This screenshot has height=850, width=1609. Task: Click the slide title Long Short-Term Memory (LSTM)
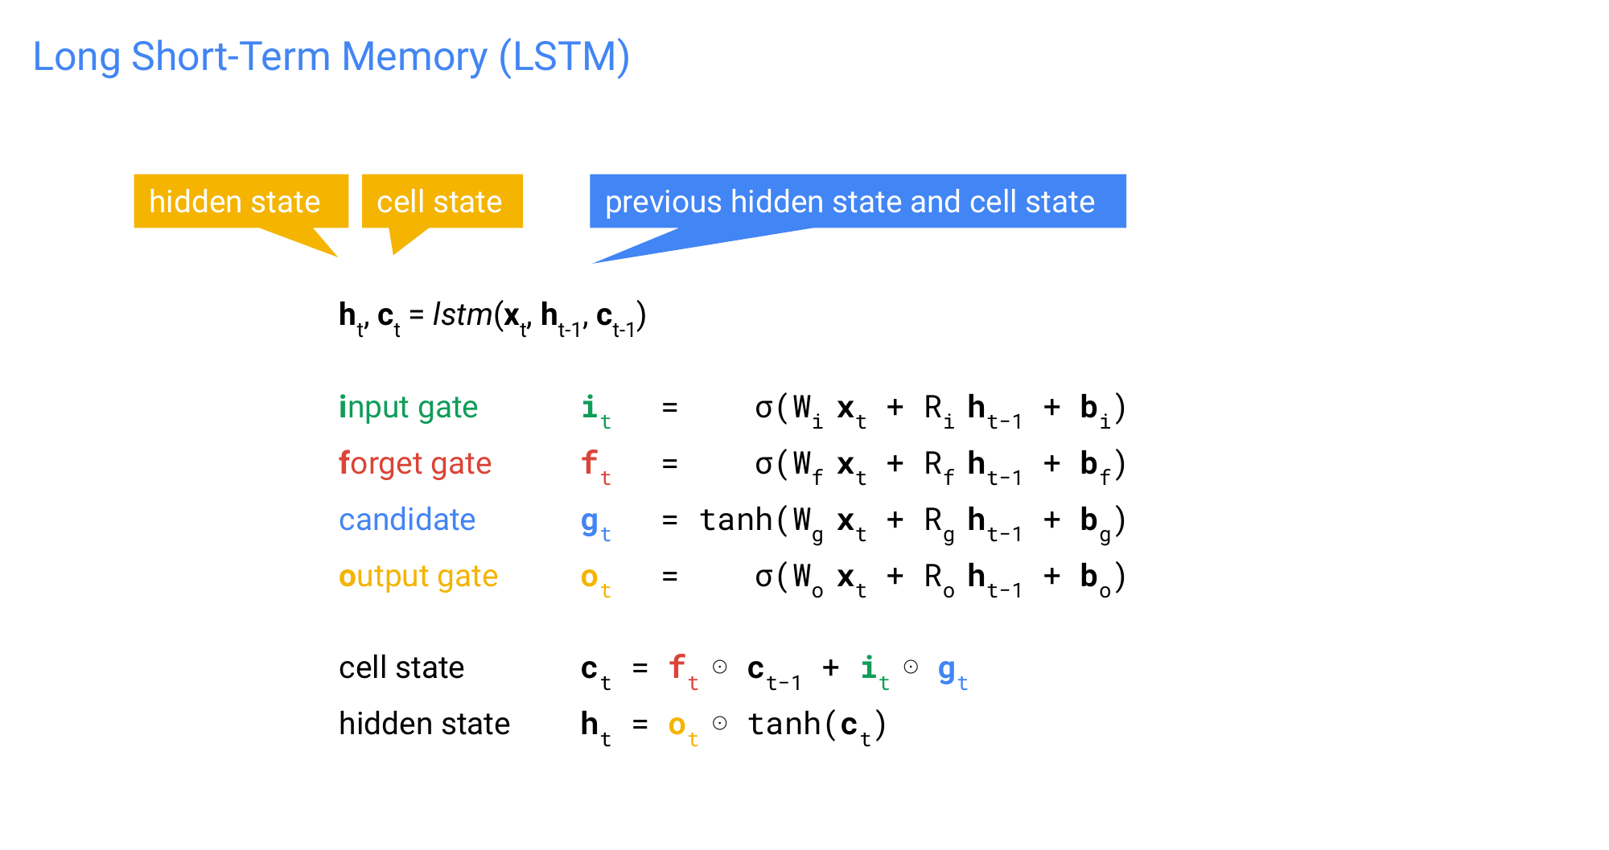331,57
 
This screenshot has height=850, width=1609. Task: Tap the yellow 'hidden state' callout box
235,201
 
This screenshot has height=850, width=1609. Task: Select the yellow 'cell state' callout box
439,201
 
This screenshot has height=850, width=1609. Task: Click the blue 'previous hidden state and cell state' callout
850,201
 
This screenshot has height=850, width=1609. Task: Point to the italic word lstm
462,314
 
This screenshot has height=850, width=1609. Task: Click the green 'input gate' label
408,408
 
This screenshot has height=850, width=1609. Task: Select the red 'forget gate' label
414,464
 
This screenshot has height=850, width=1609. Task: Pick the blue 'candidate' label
407,520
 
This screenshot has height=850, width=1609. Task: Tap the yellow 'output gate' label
418,577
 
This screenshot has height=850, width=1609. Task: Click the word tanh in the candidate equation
735,520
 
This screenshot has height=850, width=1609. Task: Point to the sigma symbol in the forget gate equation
763,464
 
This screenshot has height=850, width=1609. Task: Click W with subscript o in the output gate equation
807,578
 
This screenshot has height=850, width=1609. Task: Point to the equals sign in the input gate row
669,408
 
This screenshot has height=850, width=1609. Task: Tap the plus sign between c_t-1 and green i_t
830,667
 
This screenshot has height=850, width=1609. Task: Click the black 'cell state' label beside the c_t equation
401,668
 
